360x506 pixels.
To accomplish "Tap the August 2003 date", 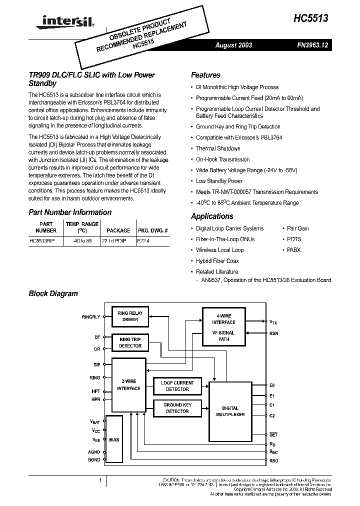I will (x=233, y=45).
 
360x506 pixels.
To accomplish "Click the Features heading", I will (x=205, y=75).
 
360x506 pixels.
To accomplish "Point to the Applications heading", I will (x=212, y=216).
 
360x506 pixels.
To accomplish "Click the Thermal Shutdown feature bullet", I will (x=218, y=148).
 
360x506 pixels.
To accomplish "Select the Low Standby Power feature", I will (x=219, y=181).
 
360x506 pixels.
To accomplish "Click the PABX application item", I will (x=294, y=250).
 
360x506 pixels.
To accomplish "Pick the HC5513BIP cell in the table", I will (x=43, y=240).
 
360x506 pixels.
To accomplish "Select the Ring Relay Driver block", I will (x=130, y=316).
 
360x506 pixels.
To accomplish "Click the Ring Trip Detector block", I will (x=130, y=342).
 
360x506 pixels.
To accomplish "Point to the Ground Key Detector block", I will (x=177, y=408).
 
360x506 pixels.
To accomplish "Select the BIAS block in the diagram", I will (x=114, y=439).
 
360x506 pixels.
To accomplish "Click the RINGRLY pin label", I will (x=91, y=317).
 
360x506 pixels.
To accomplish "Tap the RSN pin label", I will (x=273, y=333).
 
